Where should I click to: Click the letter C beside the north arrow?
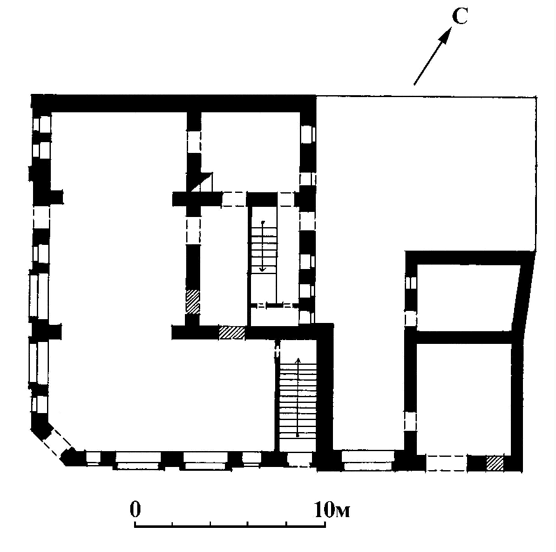[x=460, y=16]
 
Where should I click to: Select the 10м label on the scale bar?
[x=332, y=509]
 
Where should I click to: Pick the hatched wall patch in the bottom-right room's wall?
[x=494, y=463]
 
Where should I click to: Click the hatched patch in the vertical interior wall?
[x=193, y=301]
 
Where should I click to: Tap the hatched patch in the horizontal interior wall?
[x=232, y=333]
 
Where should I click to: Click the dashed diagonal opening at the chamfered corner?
[x=57, y=440]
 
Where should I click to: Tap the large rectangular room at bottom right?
[x=463, y=399]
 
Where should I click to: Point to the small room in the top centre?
[x=250, y=152]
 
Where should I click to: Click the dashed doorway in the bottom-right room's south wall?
[x=447, y=463]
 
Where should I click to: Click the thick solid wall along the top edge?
[x=173, y=103]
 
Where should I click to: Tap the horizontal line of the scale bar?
[x=230, y=526]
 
